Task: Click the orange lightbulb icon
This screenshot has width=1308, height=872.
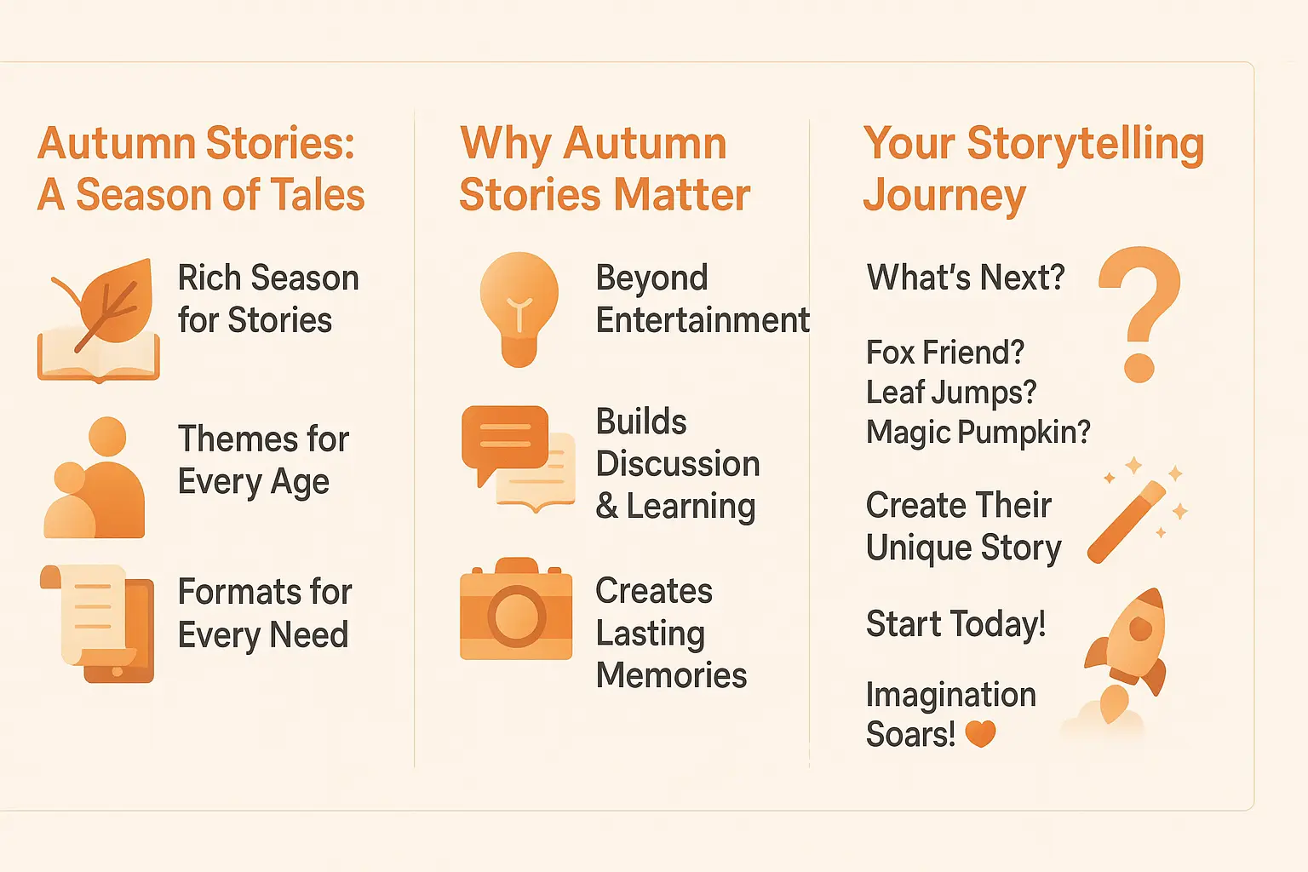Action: coord(519,309)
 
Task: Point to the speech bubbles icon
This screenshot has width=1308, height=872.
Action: coord(518,458)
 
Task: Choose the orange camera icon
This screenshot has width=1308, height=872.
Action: coord(516,610)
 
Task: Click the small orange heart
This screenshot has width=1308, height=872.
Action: coord(980,733)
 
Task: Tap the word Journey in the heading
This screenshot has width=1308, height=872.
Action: coord(944,197)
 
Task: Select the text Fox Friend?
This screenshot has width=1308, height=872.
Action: coord(944,353)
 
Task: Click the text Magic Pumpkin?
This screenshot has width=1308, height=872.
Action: coord(978,433)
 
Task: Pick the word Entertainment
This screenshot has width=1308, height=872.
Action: coord(703,321)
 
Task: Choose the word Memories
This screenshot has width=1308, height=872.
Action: coord(671,675)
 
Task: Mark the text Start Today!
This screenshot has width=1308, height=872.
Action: coord(955,624)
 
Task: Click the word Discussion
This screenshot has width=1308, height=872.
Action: coord(678,464)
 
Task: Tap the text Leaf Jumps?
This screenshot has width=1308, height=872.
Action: coord(951,393)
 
